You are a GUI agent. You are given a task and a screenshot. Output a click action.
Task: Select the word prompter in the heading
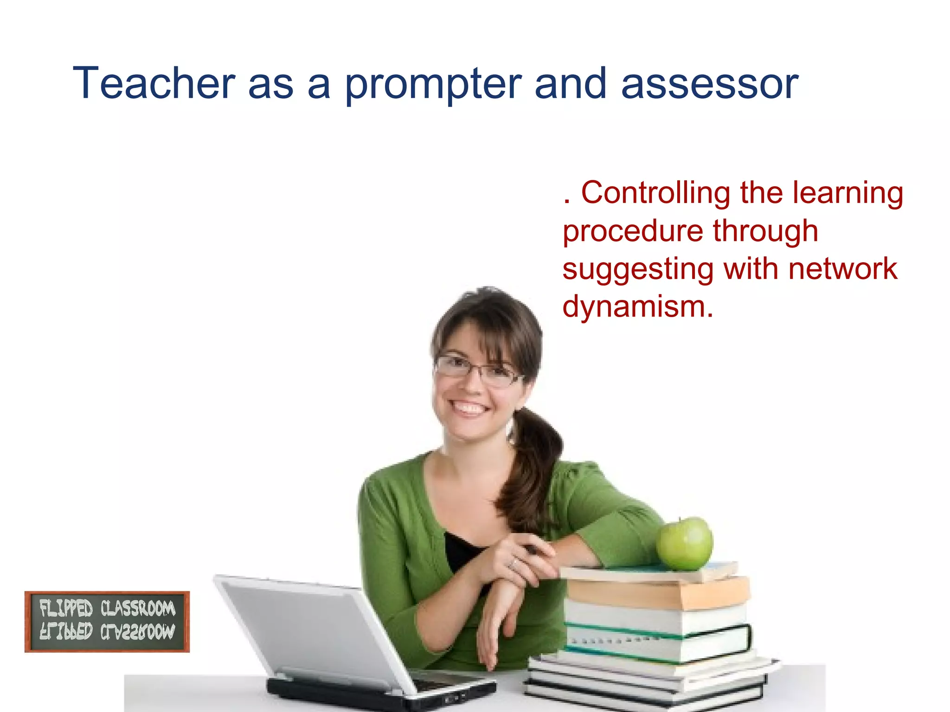[433, 84]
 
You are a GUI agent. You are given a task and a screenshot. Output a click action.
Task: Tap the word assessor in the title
[709, 84]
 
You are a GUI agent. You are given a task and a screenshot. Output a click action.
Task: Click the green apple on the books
[685, 544]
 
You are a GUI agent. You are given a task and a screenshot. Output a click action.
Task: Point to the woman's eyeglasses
[478, 371]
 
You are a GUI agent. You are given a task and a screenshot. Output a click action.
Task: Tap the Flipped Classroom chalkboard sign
[107, 622]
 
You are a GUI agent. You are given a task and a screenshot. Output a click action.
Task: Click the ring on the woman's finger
[513, 563]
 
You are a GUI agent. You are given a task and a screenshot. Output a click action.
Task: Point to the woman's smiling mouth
[469, 408]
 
